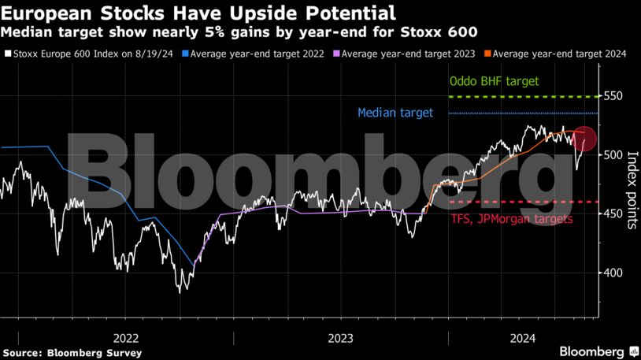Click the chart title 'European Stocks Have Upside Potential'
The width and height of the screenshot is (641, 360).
198,13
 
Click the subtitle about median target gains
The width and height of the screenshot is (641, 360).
239,32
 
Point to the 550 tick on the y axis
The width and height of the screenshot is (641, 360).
614,96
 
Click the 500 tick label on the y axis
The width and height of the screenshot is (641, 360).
614,155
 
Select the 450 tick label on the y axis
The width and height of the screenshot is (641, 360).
614,214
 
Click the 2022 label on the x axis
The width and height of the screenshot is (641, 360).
127,338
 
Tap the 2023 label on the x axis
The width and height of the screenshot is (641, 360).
340,338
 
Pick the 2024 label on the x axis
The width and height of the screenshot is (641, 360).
523,338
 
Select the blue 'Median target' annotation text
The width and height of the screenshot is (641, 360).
395,113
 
